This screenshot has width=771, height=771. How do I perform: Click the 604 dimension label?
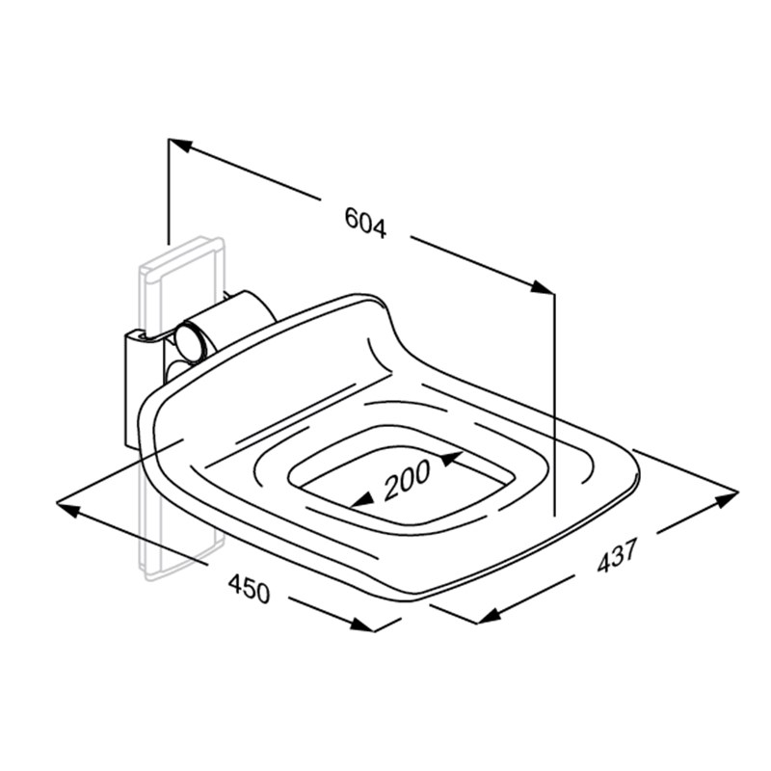[x=365, y=223]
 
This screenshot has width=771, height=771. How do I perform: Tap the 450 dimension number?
[x=250, y=588]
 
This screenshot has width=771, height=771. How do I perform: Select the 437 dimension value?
[x=617, y=555]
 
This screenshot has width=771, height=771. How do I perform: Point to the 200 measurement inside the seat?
[x=406, y=479]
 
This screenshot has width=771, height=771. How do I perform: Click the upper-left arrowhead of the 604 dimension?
[x=180, y=145]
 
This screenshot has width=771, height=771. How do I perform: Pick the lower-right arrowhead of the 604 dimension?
[x=542, y=287]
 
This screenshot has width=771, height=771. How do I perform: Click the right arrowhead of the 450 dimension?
[x=361, y=625]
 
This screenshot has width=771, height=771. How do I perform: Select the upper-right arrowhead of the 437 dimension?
[x=727, y=499]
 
